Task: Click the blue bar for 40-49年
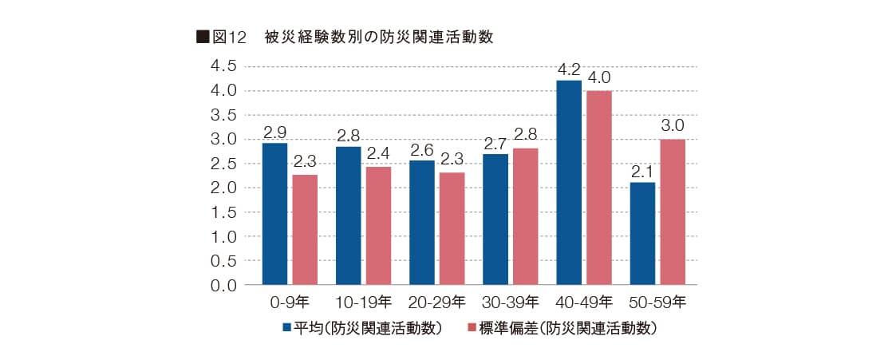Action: pos(569,183)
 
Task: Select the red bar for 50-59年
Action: pos(672,212)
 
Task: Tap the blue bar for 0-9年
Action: pos(274,214)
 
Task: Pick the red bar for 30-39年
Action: pos(525,216)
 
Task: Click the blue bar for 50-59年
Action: pos(642,234)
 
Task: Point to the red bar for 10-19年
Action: pos(378,226)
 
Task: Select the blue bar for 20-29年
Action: pos(422,223)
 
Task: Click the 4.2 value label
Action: pos(569,70)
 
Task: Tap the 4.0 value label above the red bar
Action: pos(598,78)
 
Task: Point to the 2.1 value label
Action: pos(642,171)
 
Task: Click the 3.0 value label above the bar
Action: pos(673,126)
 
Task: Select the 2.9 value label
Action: pos(274,131)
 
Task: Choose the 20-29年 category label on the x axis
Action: pos(436,303)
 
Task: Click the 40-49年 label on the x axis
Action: pos(583,303)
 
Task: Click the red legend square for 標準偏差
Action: pos(472,328)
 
